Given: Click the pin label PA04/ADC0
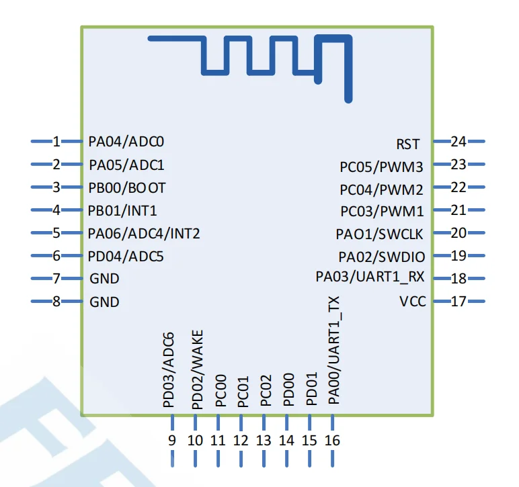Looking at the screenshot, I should pos(126,142).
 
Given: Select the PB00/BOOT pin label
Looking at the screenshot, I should pos(126,187).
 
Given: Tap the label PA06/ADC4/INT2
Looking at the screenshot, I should pos(144,233).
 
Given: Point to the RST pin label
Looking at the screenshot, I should pos(408,144).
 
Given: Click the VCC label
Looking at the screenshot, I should pos(413,302).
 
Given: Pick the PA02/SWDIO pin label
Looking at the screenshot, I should pos(382,256).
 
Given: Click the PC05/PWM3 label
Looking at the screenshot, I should pos(382,166).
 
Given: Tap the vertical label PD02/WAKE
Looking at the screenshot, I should pos(197,369).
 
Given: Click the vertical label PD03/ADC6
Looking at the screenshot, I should pos(169,370).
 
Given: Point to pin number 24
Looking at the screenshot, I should pos(458,142).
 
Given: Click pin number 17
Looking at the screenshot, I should pos(458,302).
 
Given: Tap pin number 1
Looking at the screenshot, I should pos(56,142).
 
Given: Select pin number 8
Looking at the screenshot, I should pos(56,302).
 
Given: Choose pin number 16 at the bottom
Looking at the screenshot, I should pos(333,441).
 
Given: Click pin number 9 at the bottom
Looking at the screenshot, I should pos(172,441).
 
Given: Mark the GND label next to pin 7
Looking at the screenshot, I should pos(104,279).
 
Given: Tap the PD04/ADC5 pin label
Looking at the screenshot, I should pos(126,256).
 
